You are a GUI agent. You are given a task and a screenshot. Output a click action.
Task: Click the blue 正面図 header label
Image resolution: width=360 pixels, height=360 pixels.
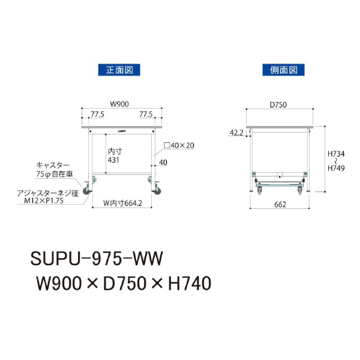[x=119, y=70]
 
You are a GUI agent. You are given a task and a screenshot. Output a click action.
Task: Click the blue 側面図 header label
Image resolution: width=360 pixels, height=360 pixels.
[x=284, y=70]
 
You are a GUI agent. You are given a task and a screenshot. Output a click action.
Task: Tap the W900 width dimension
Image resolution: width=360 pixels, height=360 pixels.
[x=119, y=104]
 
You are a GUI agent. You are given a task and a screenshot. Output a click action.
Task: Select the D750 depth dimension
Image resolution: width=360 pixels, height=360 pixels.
[x=278, y=104]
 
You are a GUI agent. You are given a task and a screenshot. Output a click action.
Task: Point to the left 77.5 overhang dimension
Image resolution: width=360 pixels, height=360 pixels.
[x=97, y=114]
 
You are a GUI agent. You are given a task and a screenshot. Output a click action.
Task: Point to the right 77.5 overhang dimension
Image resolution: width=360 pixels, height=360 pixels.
[x=146, y=114]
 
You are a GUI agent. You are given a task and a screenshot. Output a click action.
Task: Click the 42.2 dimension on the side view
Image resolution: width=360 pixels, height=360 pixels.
[x=236, y=133]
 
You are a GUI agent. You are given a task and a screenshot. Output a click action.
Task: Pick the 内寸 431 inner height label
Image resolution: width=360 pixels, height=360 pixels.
[x=115, y=155]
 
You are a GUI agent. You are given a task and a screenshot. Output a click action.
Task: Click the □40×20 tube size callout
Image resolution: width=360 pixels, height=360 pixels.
[x=179, y=145]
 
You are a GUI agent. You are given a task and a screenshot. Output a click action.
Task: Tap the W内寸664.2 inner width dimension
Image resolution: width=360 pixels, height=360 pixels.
[x=122, y=203]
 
